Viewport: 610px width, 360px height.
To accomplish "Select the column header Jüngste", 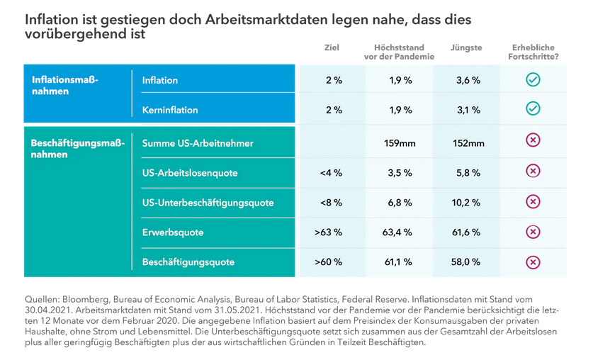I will click(466, 48).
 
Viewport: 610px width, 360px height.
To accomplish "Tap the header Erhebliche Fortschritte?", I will click(533, 52).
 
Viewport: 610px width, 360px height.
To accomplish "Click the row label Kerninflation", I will click(170, 110).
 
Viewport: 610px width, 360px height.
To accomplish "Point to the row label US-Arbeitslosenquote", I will click(190, 173).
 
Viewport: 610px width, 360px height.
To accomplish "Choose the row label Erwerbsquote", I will click(173, 232).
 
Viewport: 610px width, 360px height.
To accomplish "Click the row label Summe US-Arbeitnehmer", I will click(198, 143).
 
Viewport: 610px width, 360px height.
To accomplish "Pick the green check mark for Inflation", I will click(533, 79).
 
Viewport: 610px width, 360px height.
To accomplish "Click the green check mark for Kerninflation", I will click(533, 109).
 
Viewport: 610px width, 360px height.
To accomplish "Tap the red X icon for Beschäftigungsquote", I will click(533, 262).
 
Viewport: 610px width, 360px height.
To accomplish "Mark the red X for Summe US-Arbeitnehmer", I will click(533, 141).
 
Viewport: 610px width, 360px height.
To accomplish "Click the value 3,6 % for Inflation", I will click(468, 81).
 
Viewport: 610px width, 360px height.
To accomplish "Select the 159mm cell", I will click(400, 144).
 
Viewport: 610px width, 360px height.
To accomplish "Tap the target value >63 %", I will click(329, 233).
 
